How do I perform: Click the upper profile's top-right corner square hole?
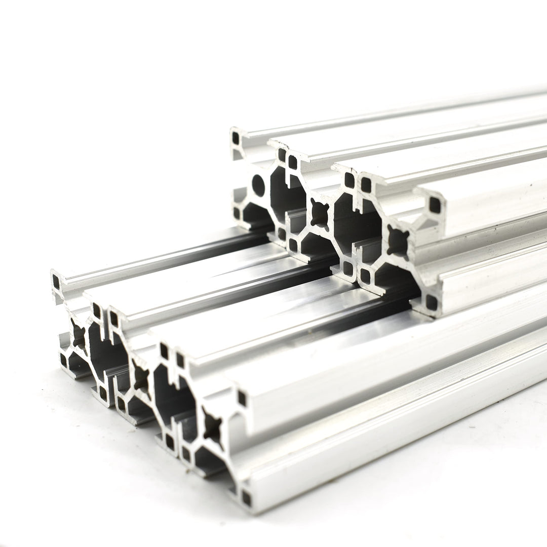pos(434,205)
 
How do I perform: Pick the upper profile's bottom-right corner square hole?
pos(431,302)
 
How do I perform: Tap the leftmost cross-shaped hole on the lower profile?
pos(79,335)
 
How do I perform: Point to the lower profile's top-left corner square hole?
pos(56,281)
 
